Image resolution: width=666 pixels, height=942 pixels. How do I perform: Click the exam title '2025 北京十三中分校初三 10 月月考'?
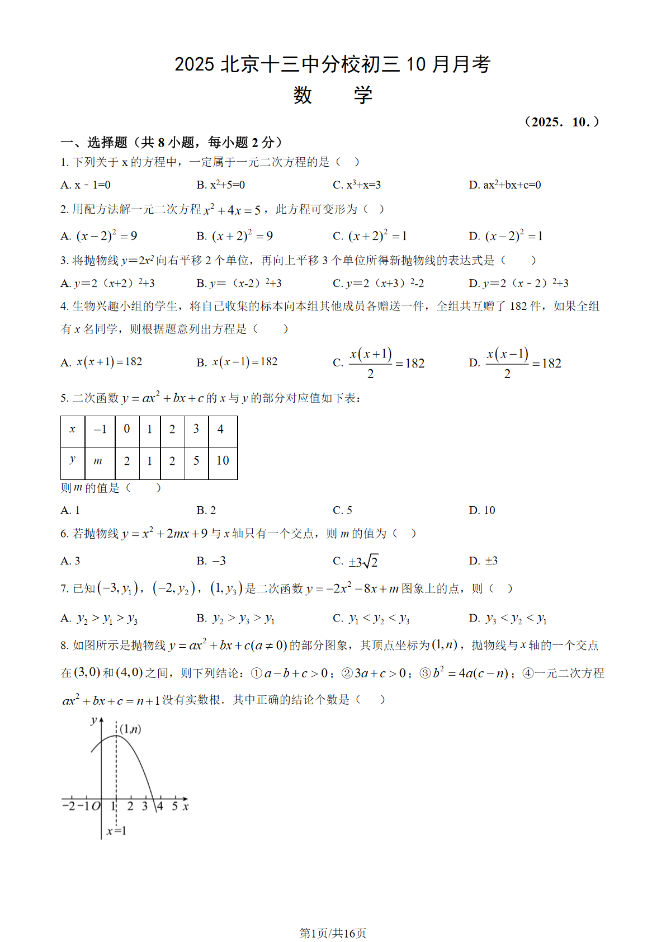(x=332, y=65)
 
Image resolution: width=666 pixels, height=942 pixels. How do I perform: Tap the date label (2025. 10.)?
(x=561, y=122)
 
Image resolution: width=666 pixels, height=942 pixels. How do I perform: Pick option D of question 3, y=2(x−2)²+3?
(x=518, y=284)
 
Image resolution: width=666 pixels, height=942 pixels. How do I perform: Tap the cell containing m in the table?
(x=98, y=461)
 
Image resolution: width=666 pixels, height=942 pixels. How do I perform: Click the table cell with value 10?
(x=223, y=461)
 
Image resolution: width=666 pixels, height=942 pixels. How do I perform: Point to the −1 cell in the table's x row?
(x=100, y=430)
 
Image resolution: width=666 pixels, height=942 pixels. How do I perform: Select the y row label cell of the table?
(x=73, y=461)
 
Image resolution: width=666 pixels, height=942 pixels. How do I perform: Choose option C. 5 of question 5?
(x=342, y=510)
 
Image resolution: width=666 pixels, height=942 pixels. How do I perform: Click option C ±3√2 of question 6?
(x=356, y=561)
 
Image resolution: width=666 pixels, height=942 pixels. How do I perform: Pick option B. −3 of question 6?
(x=211, y=561)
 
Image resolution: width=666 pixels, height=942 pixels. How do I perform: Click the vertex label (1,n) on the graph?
(x=130, y=729)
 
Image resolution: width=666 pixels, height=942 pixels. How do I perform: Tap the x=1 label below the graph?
(x=116, y=831)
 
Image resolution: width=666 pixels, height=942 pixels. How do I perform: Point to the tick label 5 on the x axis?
(x=174, y=807)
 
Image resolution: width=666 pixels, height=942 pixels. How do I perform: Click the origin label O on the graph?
(x=96, y=807)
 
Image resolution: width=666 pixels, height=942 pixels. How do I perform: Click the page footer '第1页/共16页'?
(x=333, y=932)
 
